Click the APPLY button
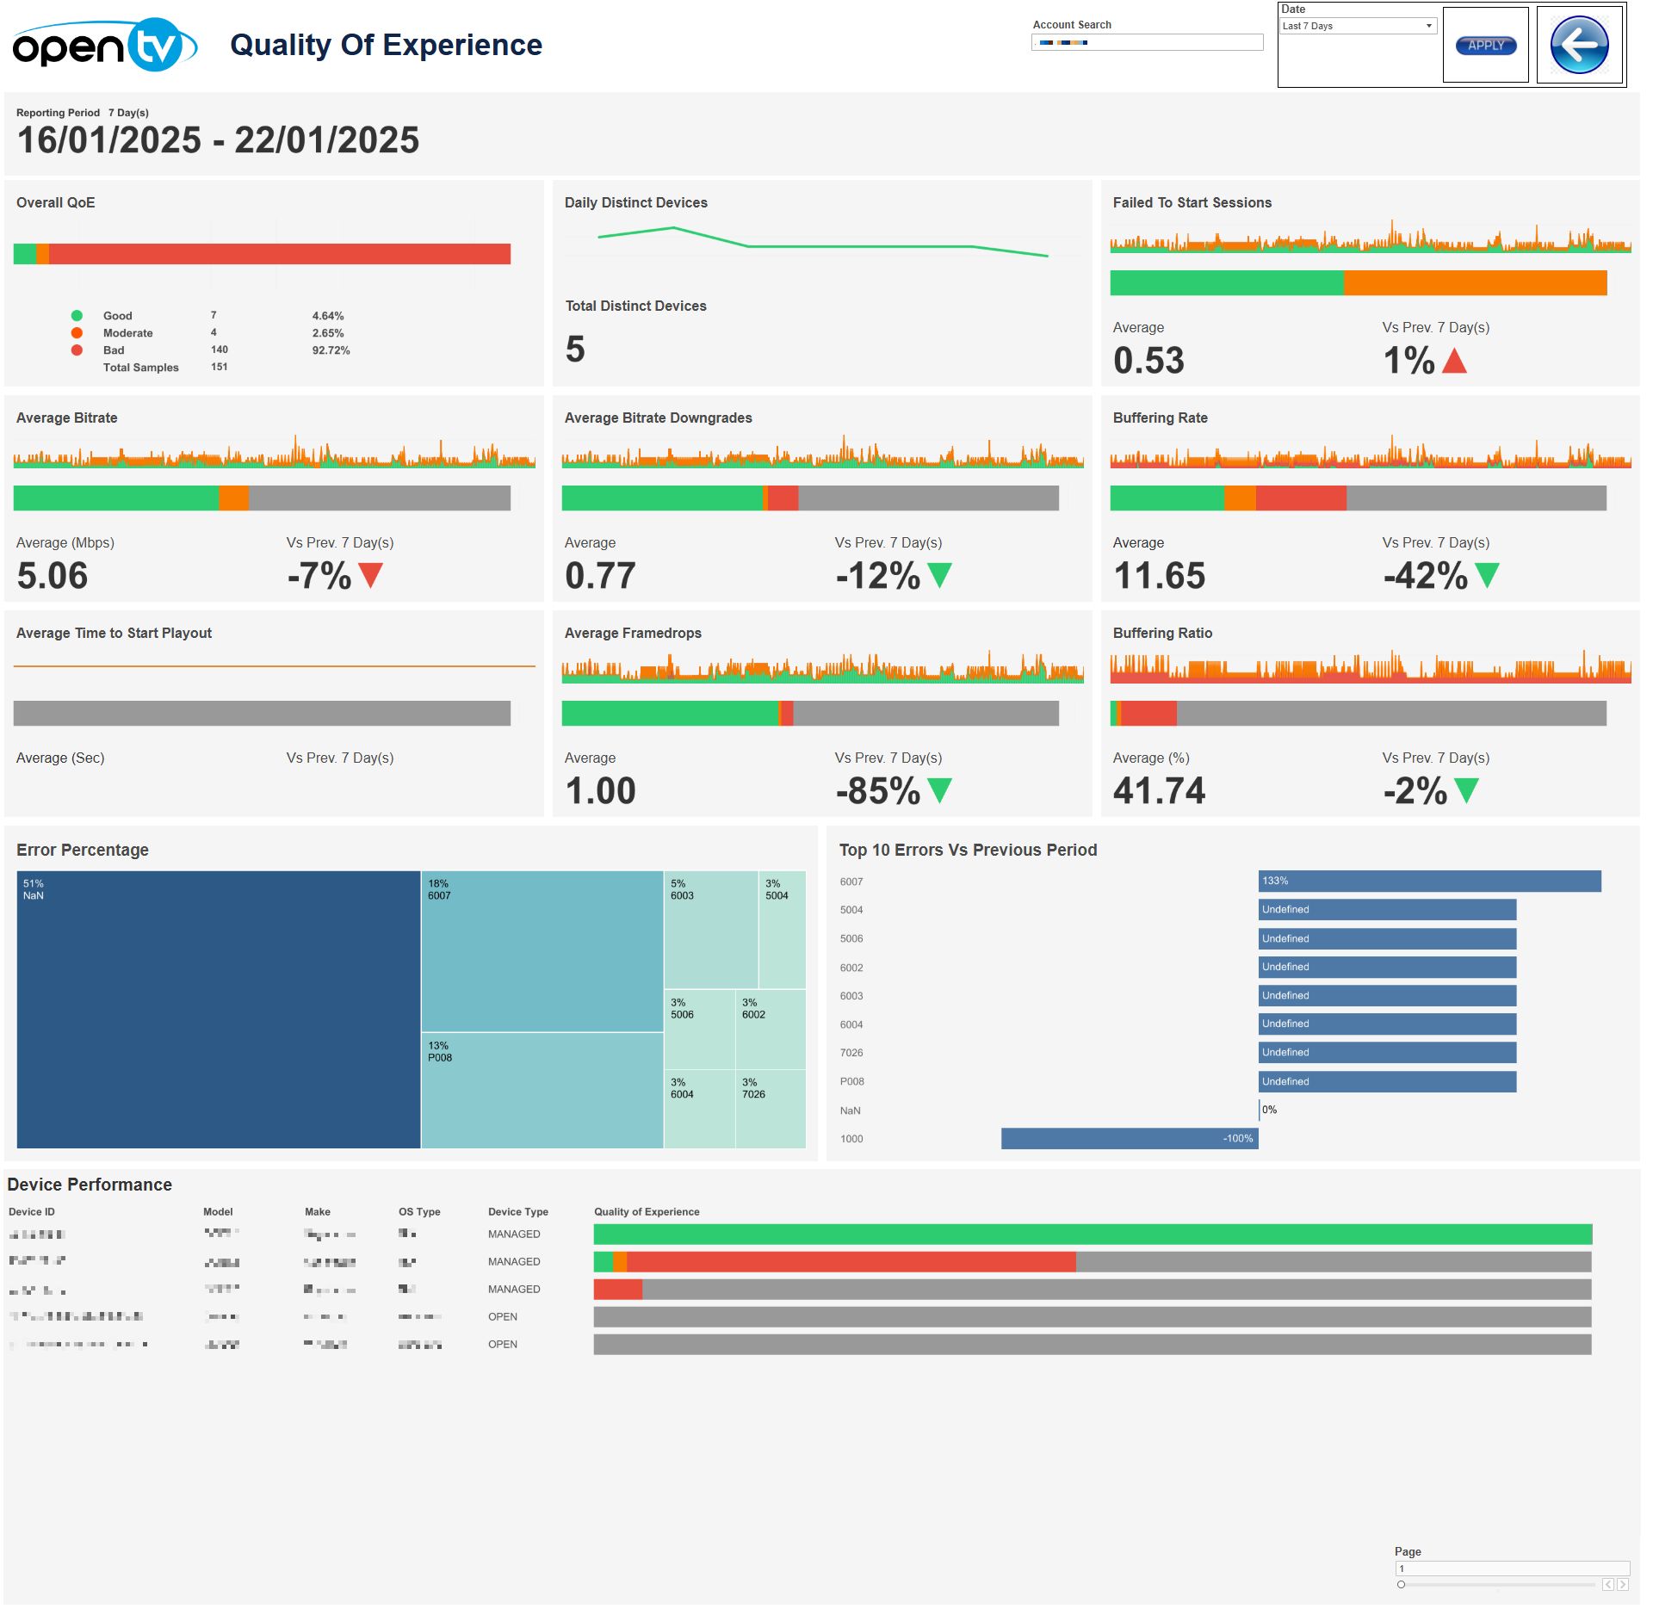(1485, 46)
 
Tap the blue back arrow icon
(1579, 45)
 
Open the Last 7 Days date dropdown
(1358, 26)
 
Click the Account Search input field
(1147, 42)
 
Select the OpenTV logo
(104, 45)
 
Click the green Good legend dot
(77, 316)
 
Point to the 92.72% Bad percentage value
(331, 350)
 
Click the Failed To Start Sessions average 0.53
(1148, 361)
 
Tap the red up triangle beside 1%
(1454, 361)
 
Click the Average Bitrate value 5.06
(53, 576)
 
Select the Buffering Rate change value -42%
(1425, 576)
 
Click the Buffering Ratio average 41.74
(1159, 791)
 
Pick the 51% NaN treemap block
(218, 1009)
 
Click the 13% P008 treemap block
(542, 1090)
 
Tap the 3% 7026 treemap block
(771, 1109)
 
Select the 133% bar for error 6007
(1429, 881)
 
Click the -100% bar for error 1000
(1129, 1139)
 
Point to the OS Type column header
(419, 1212)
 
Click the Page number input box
(1511, 1569)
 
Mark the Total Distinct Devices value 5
(575, 350)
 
